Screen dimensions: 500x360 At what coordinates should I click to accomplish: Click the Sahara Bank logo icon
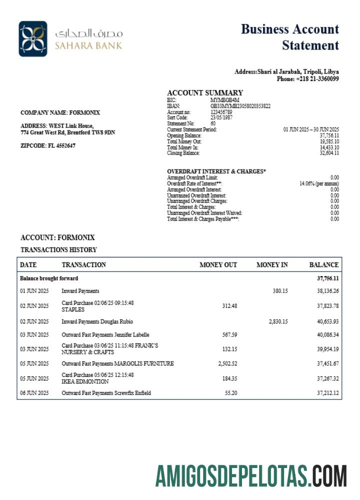33,38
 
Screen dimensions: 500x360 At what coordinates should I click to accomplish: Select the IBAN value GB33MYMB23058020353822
240,106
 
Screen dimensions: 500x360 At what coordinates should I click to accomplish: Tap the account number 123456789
221,112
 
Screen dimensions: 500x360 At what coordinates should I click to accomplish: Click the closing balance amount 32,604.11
329,153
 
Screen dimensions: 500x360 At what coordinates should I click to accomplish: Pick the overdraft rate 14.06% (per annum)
319,183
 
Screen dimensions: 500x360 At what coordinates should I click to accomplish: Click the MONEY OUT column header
218,265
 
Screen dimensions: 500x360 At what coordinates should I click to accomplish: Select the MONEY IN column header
272,265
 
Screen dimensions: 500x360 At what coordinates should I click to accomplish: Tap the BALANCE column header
324,265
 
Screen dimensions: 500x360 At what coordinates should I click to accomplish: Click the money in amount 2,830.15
278,321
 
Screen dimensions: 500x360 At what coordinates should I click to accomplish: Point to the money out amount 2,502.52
227,363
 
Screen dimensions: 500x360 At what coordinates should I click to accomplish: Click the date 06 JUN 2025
34,393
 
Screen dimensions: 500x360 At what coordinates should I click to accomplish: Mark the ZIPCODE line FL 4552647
48,145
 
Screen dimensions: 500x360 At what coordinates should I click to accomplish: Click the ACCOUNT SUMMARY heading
205,92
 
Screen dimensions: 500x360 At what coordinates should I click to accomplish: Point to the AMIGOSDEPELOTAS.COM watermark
250,475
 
